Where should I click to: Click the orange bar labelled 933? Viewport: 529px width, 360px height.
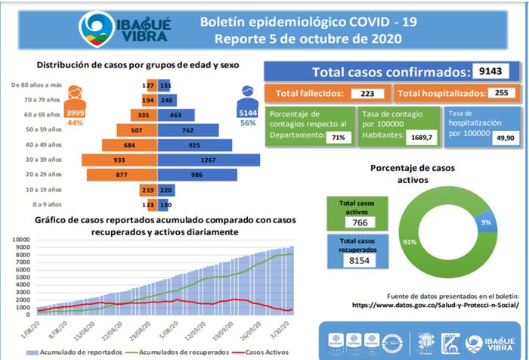124,160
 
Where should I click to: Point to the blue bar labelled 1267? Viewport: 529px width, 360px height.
208,160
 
